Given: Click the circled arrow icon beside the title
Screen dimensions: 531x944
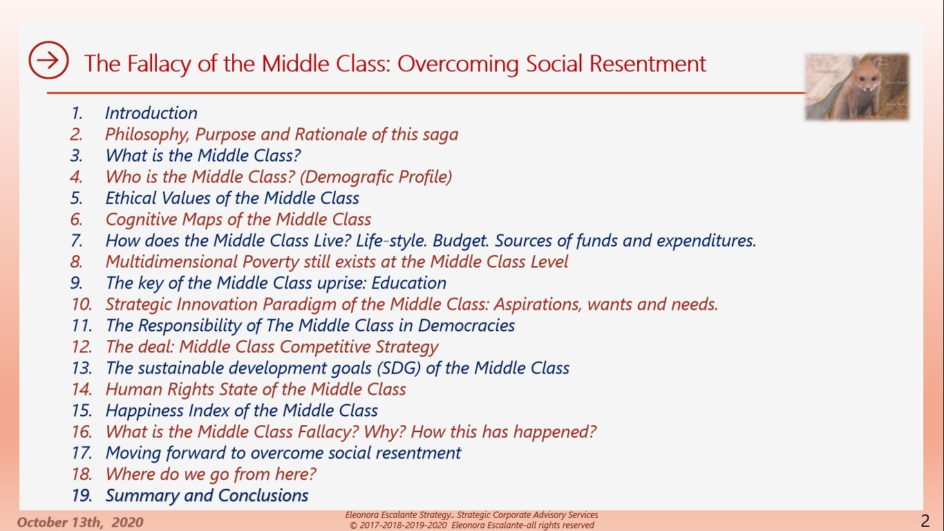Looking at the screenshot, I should tap(48, 60).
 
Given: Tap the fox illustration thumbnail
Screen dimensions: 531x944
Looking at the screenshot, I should tap(857, 86).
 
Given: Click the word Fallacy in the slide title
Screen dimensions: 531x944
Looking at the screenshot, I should tap(158, 64).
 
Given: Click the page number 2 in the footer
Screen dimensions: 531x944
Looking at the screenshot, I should tap(925, 521).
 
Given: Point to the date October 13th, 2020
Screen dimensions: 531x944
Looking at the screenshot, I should tap(80, 522).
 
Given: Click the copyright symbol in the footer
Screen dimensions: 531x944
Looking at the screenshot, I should tap(353, 525).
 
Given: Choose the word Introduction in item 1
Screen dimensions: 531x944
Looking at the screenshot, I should tap(151, 113).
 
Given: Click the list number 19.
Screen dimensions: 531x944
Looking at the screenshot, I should tap(82, 496).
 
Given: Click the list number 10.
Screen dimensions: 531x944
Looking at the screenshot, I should tap(82, 304).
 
